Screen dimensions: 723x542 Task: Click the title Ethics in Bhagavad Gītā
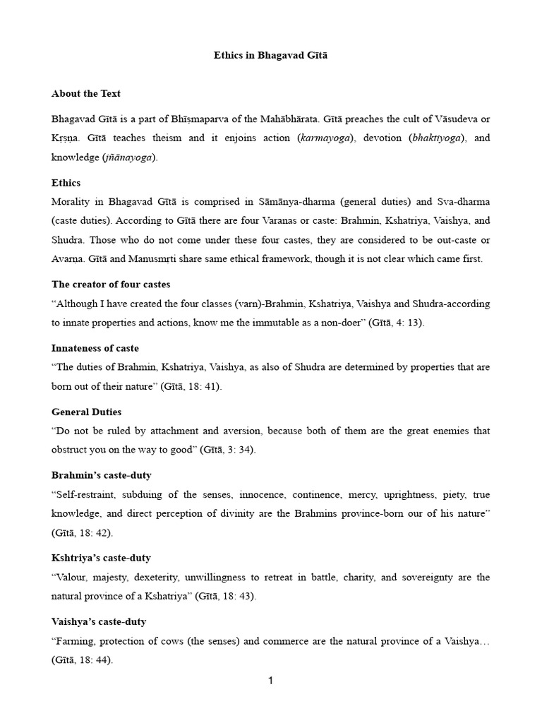pyautogui.click(x=271, y=56)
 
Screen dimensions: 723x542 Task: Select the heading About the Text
pyautogui.click(x=86, y=94)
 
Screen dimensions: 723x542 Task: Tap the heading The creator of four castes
pyautogui.click(x=111, y=285)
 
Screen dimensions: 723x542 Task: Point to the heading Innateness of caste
pyautogui.click(x=95, y=348)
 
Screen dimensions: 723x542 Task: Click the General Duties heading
pyautogui.click(x=87, y=412)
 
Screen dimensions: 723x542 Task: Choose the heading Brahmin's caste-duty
pyautogui.click(x=102, y=475)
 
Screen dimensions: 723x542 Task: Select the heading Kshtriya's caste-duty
pyautogui.click(x=101, y=558)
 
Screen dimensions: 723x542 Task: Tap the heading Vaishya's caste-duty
pyautogui.click(x=100, y=621)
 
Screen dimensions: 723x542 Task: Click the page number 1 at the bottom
pyautogui.click(x=270, y=681)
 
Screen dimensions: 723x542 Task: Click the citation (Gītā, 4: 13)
pyautogui.click(x=402, y=323)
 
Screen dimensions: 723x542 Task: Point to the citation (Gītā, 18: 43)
pyautogui.click(x=222, y=596)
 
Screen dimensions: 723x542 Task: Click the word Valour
pyautogui.click(x=71, y=577)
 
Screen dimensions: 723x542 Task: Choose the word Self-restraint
pyautogui.click(x=85, y=494)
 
